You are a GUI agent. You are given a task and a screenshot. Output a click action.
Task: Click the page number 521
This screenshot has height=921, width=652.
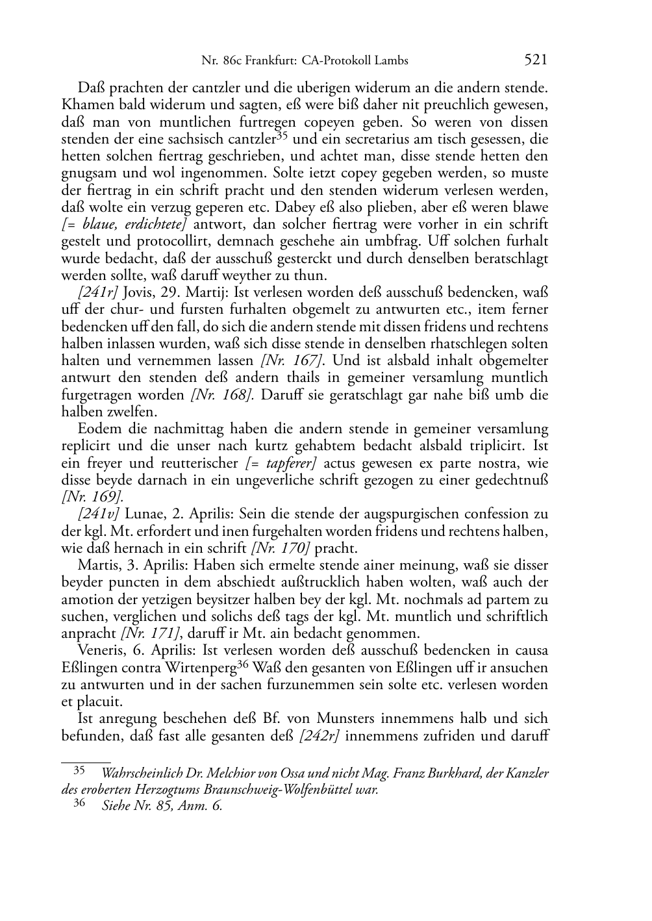[x=535, y=60]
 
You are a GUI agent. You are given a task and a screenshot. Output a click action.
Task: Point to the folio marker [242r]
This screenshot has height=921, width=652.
[x=320, y=736]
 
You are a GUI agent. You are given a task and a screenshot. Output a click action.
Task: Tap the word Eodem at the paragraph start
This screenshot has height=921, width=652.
[x=97, y=429]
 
